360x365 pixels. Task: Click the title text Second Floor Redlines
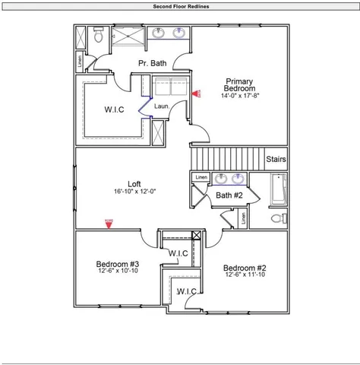point(180,5)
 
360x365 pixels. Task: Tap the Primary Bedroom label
point(240,84)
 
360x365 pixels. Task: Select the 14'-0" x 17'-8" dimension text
point(240,96)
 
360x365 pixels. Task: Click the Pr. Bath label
point(152,63)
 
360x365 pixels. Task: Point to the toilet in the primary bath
point(97,35)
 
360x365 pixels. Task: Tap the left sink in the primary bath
point(159,33)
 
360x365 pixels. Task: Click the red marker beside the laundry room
point(195,94)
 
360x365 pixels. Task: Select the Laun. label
point(161,106)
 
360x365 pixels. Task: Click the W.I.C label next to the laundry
point(114,109)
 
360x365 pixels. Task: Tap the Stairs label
point(276,160)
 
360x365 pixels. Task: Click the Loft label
point(134,183)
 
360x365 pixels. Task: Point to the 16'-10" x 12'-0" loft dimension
point(134,192)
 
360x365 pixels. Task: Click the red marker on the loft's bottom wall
point(109,222)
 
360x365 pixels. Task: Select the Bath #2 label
point(229,195)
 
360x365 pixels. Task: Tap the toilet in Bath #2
point(277,218)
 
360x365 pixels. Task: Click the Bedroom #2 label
point(244,268)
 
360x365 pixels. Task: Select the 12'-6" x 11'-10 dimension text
point(244,275)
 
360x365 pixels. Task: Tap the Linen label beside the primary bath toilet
point(80,59)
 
